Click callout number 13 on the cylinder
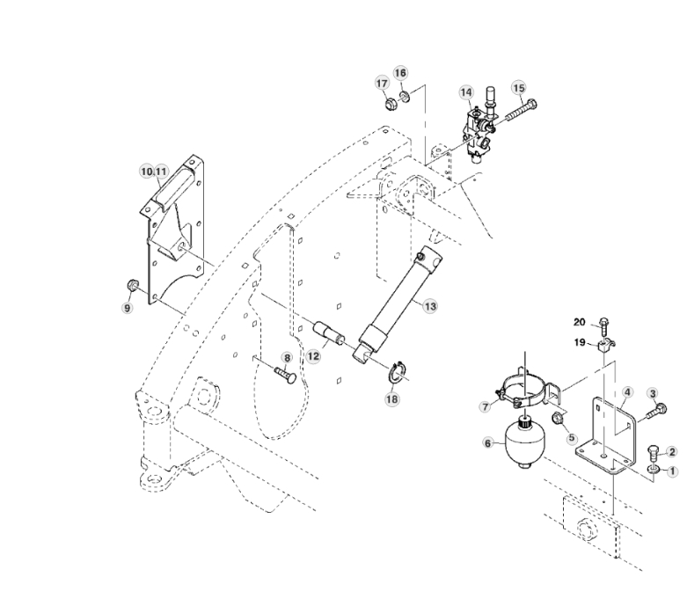(x=429, y=305)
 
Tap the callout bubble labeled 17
(x=383, y=84)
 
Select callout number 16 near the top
(x=400, y=72)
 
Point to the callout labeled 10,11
(x=154, y=170)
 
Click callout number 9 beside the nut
(x=127, y=308)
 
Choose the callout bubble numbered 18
(x=391, y=398)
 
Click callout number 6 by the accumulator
(x=489, y=445)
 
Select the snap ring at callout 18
(x=398, y=373)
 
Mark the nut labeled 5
(x=557, y=419)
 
